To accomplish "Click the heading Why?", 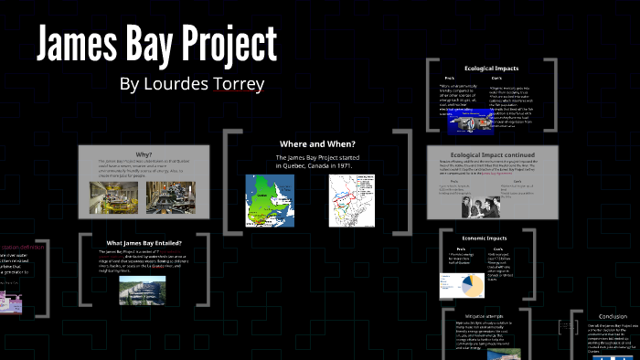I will pyautogui.click(x=144, y=154).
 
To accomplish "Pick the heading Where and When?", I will pyautogui.click(x=317, y=143).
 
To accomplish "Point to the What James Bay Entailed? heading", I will pyautogui.click(x=144, y=242).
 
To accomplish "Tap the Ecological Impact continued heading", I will pyautogui.click(x=492, y=154).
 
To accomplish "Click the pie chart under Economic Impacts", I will pyautogui.click(x=470, y=284).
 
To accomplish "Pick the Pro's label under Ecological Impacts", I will pyautogui.click(x=448, y=78).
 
